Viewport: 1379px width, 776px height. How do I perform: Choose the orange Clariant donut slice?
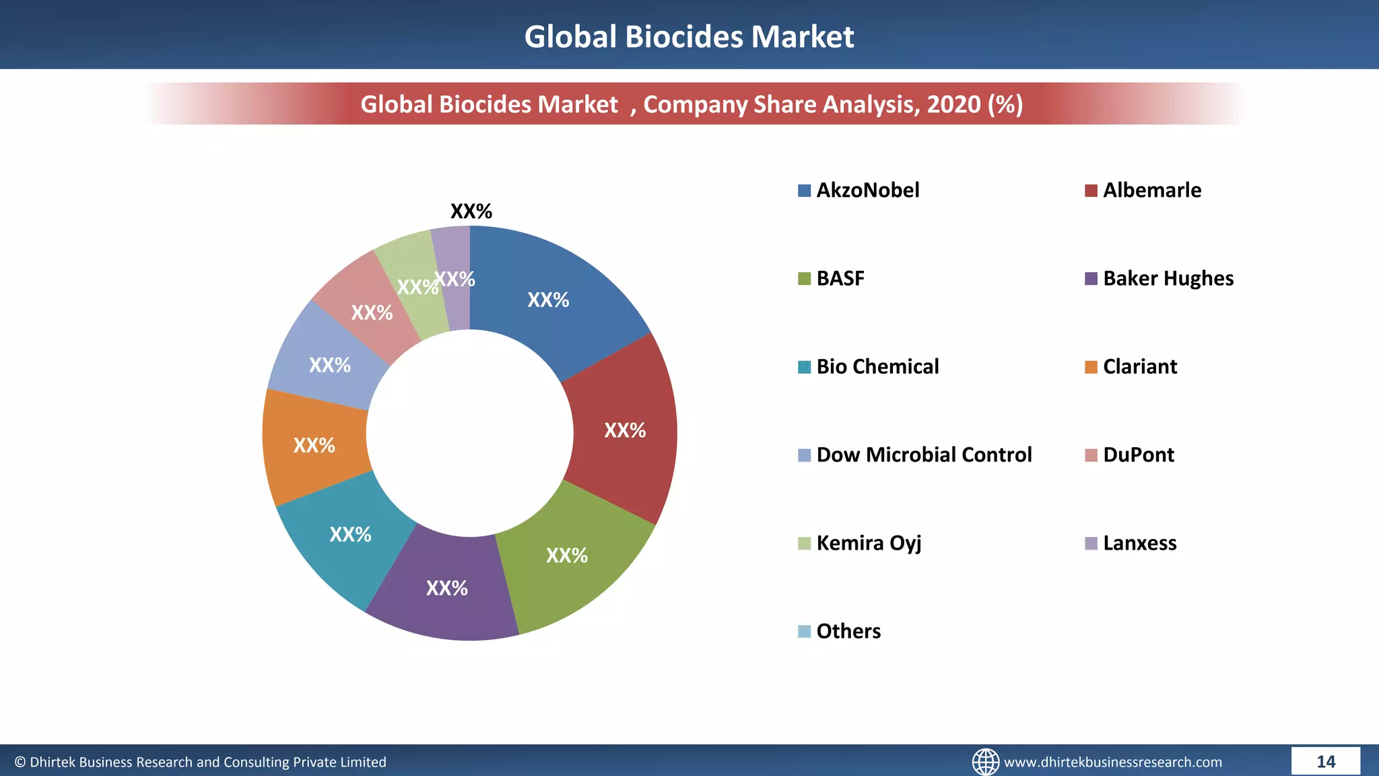coord(314,445)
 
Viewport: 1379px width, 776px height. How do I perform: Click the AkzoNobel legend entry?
coord(867,190)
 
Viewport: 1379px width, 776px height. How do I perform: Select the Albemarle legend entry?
coord(1151,190)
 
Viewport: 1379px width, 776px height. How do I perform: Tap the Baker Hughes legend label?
coord(1168,278)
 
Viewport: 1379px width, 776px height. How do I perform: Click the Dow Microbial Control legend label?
coord(924,455)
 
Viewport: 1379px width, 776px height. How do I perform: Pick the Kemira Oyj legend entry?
coord(868,543)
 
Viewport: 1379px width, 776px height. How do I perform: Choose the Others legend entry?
coord(848,631)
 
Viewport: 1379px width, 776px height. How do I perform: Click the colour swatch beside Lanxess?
coord(1091,544)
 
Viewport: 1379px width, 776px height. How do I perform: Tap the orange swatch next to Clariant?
coord(1091,367)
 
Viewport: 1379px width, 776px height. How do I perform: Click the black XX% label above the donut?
coord(471,212)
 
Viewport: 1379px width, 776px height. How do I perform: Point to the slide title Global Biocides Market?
coord(689,36)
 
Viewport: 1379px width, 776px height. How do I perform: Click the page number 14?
coord(1325,761)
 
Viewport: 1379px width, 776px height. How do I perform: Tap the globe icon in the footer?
coord(985,762)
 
